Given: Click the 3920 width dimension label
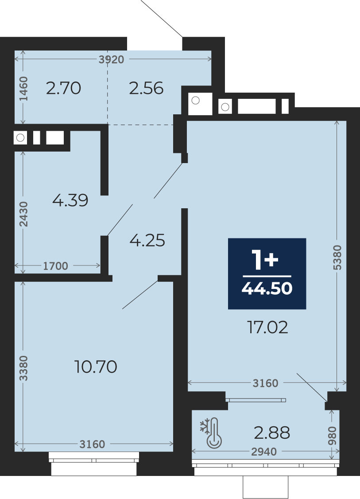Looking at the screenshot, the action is tap(111, 59).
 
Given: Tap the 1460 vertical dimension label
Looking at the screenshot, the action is tap(23, 89).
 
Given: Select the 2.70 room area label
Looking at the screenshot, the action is tap(64, 88).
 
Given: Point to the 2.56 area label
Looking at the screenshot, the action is tap(146, 88).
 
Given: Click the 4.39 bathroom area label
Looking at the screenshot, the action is tap(70, 200).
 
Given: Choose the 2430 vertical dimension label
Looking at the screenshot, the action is tap(23, 214).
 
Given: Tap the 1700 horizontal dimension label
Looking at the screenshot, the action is tap(56, 266).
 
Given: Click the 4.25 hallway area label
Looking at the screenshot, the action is tap(147, 240).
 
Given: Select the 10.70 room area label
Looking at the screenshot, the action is tap(96, 366).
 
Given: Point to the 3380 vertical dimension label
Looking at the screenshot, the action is tap(23, 368).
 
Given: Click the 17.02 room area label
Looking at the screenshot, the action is tap(268, 327).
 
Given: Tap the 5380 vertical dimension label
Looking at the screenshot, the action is tap(337, 258).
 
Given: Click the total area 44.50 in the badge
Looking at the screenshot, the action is tap(267, 288).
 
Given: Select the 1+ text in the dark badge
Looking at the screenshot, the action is tap(265, 260).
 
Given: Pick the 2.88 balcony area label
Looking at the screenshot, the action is tap(272, 433).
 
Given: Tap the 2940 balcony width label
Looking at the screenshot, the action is tap(264, 452).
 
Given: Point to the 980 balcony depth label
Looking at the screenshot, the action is tap(332, 436).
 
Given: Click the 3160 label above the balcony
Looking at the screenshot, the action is tap(266, 383).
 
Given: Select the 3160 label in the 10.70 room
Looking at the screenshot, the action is tap(92, 444).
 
